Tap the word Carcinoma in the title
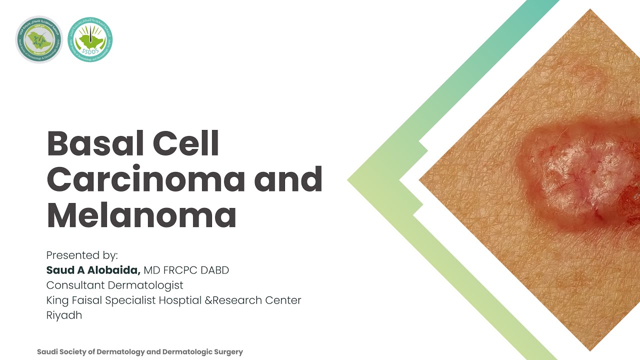pyautogui.click(x=145, y=180)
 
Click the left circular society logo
pyautogui.click(x=38, y=39)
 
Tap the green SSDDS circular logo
pyautogui.click(x=90, y=39)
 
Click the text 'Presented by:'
pyautogui.click(x=82, y=255)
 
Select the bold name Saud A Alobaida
pyautogui.click(x=93, y=270)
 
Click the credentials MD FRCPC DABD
pyautogui.click(x=186, y=270)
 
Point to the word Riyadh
pyautogui.click(x=64, y=315)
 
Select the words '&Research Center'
pyautogui.click(x=257, y=300)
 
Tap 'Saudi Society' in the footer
pyautogui.click(x=63, y=352)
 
